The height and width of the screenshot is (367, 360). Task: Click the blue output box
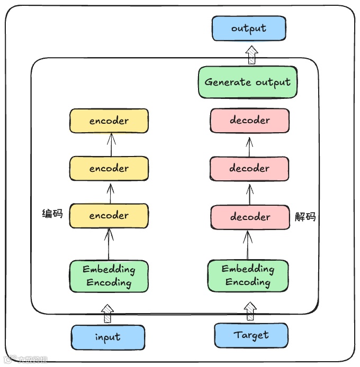click(x=249, y=29)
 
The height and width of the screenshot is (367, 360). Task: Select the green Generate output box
click(x=247, y=82)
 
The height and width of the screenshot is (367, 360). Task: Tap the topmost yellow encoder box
click(x=109, y=121)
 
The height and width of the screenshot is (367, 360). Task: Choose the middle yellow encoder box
click(x=109, y=169)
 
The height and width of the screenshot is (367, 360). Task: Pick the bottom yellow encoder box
click(x=109, y=216)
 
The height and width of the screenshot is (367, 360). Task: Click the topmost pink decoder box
click(x=250, y=121)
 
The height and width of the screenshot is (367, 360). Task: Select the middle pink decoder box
click(x=250, y=169)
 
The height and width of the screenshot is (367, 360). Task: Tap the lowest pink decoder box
click(x=250, y=217)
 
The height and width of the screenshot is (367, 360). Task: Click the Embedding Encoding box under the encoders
click(x=109, y=276)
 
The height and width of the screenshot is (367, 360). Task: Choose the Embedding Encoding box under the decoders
click(x=248, y=276)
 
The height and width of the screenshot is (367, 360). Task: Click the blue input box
click(x=108, y=337)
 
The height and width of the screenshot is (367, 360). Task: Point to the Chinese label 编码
click(x=52, y=214)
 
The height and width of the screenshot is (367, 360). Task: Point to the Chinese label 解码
click(x=305, y=217)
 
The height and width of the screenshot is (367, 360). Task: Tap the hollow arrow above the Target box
click(x=250, y=311)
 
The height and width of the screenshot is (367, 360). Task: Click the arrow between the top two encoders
click(x=111, y=144)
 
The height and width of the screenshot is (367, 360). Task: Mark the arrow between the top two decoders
click(x=249, y=144)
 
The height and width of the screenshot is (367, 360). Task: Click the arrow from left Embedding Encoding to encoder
click(x=109, y=244)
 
